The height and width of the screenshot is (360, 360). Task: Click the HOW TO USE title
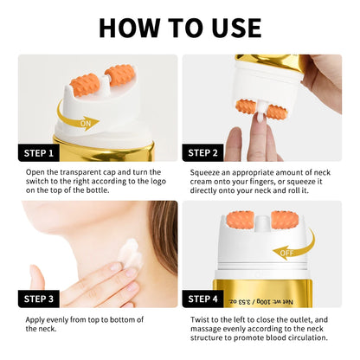coord(180,26)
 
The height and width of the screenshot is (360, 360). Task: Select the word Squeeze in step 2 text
coord(210,172)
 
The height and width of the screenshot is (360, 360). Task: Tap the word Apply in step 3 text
coord(36,318)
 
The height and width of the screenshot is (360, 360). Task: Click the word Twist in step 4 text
coord(202,318)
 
